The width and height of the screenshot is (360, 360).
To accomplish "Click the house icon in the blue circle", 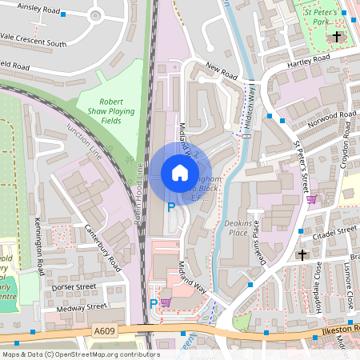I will coord(179,173).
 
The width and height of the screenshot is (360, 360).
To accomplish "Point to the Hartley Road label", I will coord(309,60).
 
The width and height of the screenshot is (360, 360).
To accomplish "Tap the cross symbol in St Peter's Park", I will coord(338,37).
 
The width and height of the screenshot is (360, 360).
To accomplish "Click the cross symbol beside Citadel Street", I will coord(302,254).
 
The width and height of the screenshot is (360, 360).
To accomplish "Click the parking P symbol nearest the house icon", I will coord(170,207).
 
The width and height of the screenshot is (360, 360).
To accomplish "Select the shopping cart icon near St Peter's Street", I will coord(311,199).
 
